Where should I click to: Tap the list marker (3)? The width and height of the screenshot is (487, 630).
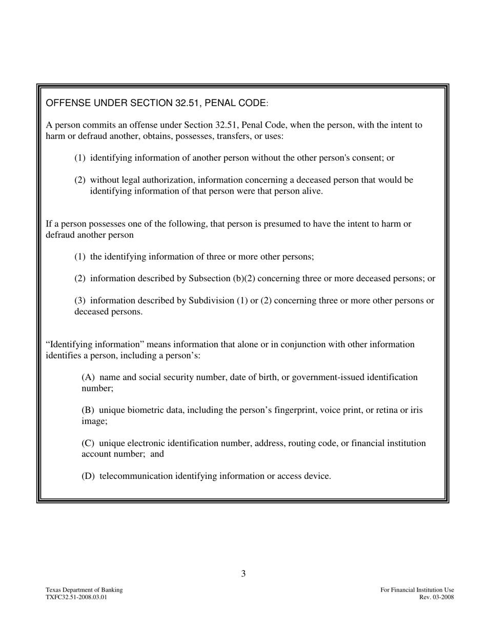click(80, 300)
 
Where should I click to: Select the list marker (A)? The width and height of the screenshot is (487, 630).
click(88, 377)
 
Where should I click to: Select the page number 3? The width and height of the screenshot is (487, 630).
click(243, 574)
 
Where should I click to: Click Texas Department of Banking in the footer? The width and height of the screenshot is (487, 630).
click(84, 590)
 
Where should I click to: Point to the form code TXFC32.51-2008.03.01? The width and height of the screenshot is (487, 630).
click(76, 597)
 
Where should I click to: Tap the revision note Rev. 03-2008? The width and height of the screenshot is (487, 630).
click(436, 597)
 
